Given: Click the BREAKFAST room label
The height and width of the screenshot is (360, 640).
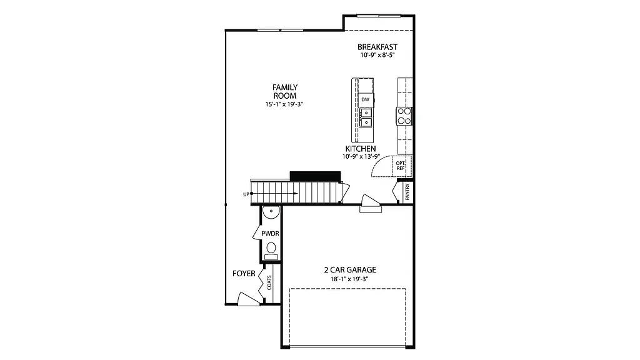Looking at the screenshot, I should (377, 47).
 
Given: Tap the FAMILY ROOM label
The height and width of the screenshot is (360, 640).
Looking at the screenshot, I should (284, 91).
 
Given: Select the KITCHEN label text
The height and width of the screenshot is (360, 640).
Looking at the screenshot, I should (360, 149).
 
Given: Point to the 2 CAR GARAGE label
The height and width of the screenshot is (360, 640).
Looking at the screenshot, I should (349, 270).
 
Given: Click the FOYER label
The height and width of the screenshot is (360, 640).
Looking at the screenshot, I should (244, 274).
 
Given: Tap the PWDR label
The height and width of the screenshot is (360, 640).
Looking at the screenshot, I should (270, 233).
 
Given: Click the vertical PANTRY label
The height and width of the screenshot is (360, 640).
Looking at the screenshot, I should (407, 191).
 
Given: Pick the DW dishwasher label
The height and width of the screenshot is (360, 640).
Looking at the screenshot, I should (365, 99).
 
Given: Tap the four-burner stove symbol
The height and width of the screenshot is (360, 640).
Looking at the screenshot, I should (404, 116).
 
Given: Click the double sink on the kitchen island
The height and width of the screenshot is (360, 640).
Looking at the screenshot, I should (365, 117).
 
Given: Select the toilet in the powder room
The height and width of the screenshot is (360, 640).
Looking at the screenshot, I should (271, 249).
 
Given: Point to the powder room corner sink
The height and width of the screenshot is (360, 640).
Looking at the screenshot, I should (269, 212).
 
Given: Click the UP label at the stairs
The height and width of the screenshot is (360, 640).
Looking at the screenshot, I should (246, 194).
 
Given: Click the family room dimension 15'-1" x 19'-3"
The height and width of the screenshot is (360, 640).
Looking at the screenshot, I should (284, 104).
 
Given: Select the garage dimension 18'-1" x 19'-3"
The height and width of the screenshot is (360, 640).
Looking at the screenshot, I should (349, 279).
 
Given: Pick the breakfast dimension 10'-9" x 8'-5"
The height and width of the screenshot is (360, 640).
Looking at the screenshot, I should (377, 56).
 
